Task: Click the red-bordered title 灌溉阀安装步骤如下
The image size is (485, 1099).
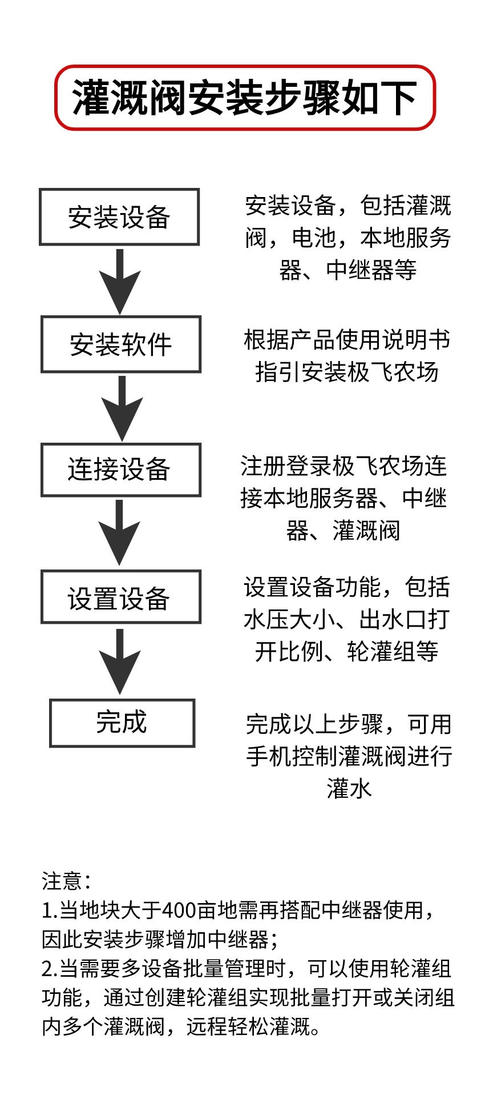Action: [244, 98]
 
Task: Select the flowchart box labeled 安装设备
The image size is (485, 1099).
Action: [119, 217]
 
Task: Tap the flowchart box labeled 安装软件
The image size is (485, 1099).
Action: [120, 344]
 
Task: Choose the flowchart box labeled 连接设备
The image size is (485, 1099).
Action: [120, 470]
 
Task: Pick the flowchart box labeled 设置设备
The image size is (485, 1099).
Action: [120, 597]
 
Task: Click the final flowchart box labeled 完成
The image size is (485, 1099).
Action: [122, 723]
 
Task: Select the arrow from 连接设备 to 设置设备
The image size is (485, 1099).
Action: [120, 532]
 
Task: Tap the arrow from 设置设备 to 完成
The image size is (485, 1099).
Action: [120, 661]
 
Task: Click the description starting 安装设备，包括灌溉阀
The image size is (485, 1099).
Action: [348, 238]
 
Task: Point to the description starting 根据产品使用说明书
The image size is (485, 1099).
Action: [347, 355]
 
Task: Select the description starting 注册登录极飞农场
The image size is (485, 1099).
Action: [343, 498]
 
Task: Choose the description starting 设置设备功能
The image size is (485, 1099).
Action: [347, 619]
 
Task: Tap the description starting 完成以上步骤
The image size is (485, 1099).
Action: [349, 756]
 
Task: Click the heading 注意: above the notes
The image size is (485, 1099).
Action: [66, 880]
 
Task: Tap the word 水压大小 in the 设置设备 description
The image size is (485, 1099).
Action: [289, 620]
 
